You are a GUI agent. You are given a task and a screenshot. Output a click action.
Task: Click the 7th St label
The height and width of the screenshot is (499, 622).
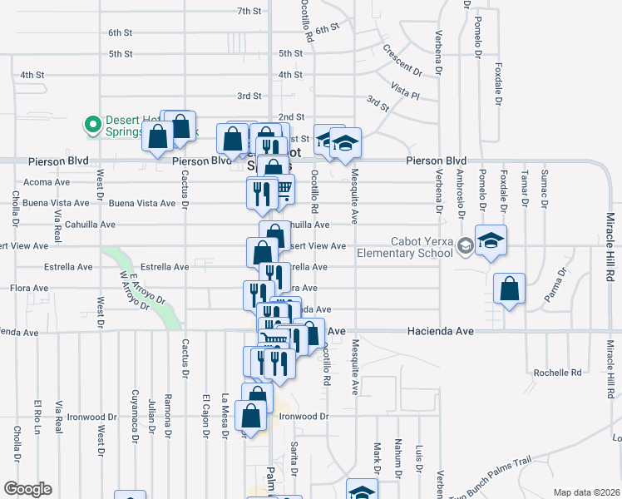(249, 11)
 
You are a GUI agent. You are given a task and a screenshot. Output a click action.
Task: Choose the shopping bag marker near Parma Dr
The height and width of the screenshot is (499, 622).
(510, 289)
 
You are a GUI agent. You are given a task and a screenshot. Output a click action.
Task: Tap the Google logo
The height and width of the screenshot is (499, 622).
(27, 489)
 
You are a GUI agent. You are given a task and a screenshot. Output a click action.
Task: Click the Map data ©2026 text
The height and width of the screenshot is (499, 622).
(585, 492)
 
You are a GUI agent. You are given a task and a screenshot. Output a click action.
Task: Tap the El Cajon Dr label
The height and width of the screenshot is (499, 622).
(205, 413)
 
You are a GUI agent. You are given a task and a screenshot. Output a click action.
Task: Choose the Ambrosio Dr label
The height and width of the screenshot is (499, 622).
(460, 196)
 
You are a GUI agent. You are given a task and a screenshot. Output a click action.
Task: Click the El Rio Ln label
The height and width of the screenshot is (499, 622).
(37, 416)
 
